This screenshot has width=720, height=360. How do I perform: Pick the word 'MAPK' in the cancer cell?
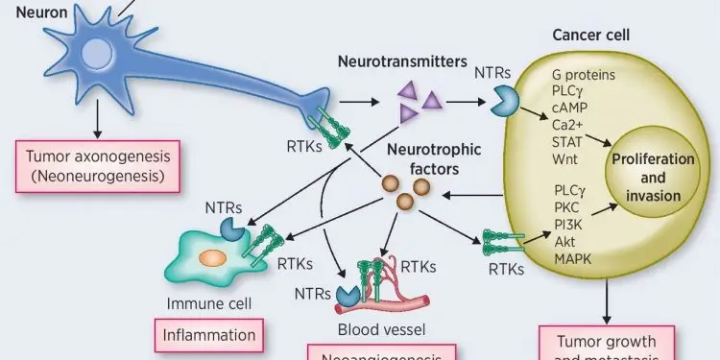(x=573, y=258)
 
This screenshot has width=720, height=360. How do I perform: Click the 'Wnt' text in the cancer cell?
(x=564, y=156)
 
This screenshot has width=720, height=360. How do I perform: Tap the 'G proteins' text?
(x=584, y=74)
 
